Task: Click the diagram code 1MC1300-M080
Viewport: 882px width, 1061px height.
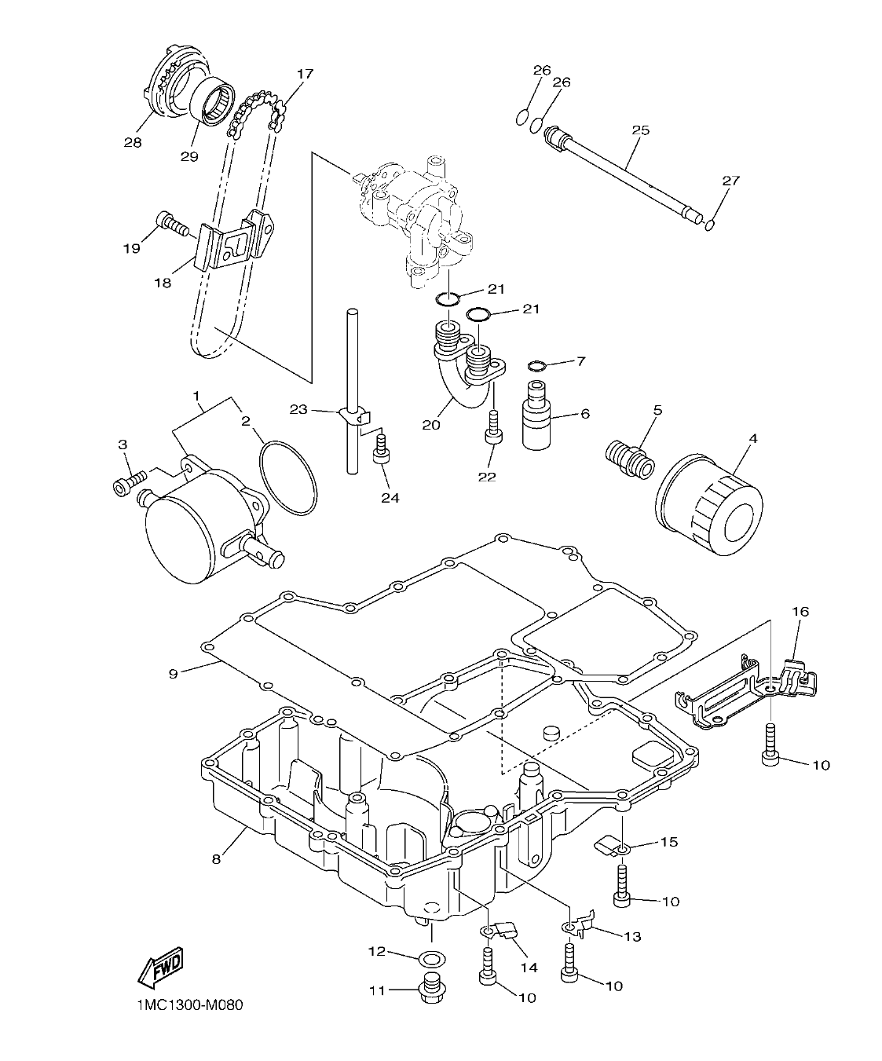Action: [x=185, y=1006]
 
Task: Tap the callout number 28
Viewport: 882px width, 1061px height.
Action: [x=132, y=142]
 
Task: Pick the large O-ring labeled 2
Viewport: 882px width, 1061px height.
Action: [x=287, y=477]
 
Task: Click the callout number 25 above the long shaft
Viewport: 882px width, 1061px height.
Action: [x=640, y=130]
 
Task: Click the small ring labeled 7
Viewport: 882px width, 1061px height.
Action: [x=537, y=366]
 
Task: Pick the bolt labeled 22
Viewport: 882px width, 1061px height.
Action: [x=493, y=429]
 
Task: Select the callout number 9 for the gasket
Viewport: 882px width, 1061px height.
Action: [x=174, y=672]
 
